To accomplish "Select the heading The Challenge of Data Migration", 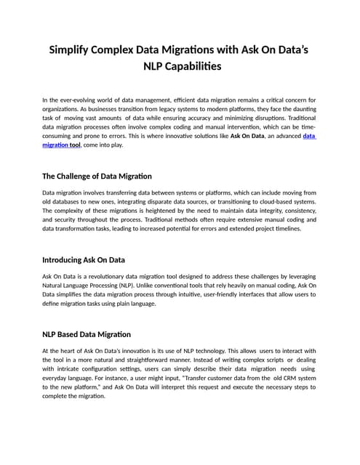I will [97, 176].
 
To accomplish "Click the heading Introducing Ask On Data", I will [84, 259].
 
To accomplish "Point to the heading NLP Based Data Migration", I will [87, 334].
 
